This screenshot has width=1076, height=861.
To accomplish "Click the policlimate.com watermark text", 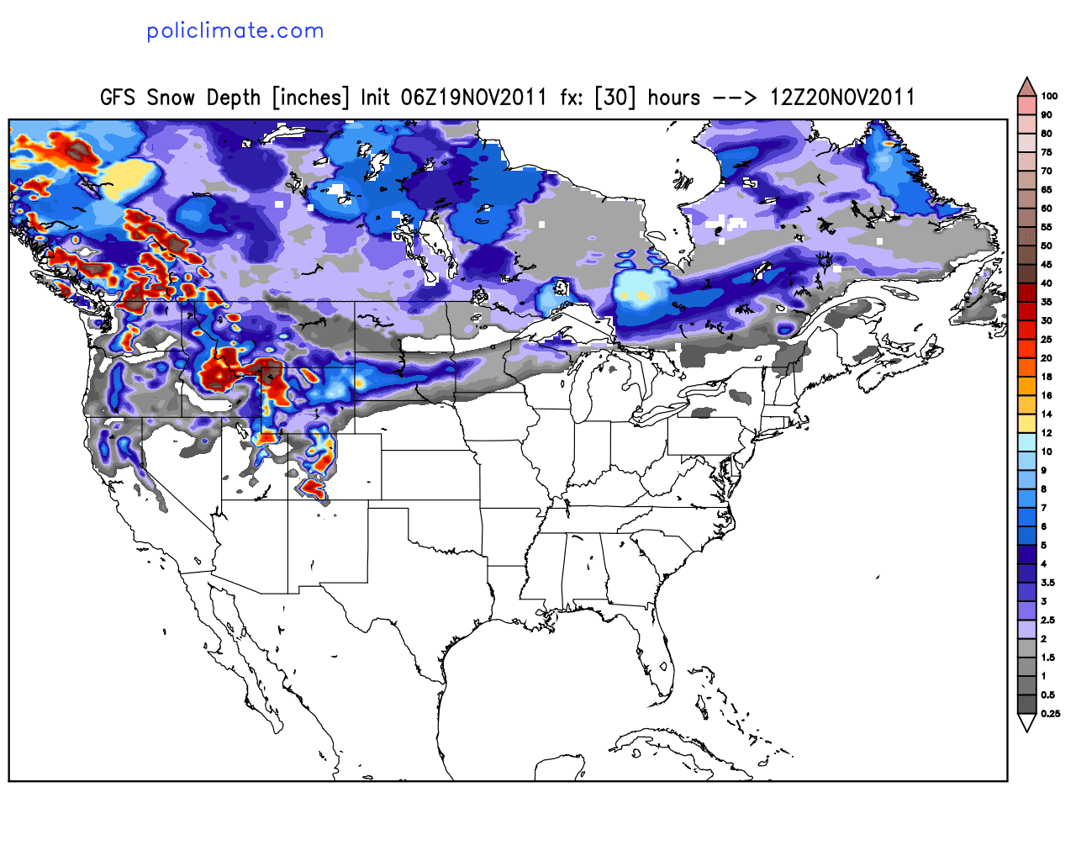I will pyautogui.click(x=235, y=31).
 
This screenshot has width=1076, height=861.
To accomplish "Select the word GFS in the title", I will pyautogui.click(x=117, y=98).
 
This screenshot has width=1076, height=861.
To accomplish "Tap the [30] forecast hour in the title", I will pyautogui.click(x=614, y=98).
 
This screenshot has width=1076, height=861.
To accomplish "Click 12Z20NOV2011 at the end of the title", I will pyautogui.click(x=841, y=98).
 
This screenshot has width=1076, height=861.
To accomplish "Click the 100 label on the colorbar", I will pyautogui.click(x=1049, y=96).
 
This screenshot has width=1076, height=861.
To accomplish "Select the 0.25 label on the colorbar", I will pyautogui.click(x=1050, y=714).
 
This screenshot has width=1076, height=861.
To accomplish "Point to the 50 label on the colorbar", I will pyautogui.click(x=1047, y=246).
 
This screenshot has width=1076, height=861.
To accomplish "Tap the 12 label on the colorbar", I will pyautogui.click(x=1047, y=433).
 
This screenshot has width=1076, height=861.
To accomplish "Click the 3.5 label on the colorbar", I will pyautogui.click(x=1047, y=583).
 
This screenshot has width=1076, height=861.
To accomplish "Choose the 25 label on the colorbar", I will pyautogui.click(x=1047, y=340).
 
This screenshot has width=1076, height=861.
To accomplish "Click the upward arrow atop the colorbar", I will pyautogui.click(x=1026, y=87).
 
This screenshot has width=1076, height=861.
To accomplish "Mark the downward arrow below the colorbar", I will pyautogui.click(x=1026, y=723).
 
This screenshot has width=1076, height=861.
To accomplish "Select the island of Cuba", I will pyautogui.click(x=672, y=744).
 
